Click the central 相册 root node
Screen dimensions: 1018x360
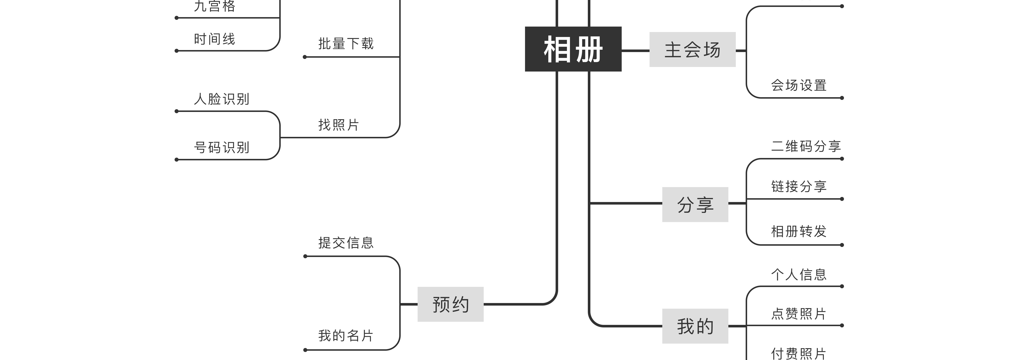(x=573, y=49)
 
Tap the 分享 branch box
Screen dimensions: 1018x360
(x=695, y=204)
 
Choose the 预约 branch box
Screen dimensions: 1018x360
(x=451, y=304)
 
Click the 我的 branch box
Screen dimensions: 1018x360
(x=695, y=326)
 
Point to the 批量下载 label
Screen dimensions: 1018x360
(x=346, y=43)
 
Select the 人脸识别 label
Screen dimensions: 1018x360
(x=221, y=99)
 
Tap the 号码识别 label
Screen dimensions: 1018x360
(x=221, y=147)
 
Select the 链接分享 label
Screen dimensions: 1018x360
(x=799, y=186)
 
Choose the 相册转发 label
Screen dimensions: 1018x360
(x=799, y=231)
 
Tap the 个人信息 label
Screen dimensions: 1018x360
(x=799, y=274)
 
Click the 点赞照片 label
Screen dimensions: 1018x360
(x=799, y=314)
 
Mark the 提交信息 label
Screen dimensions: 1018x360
(x=346, y=243)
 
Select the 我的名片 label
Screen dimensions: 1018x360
(x=346, y=335)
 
